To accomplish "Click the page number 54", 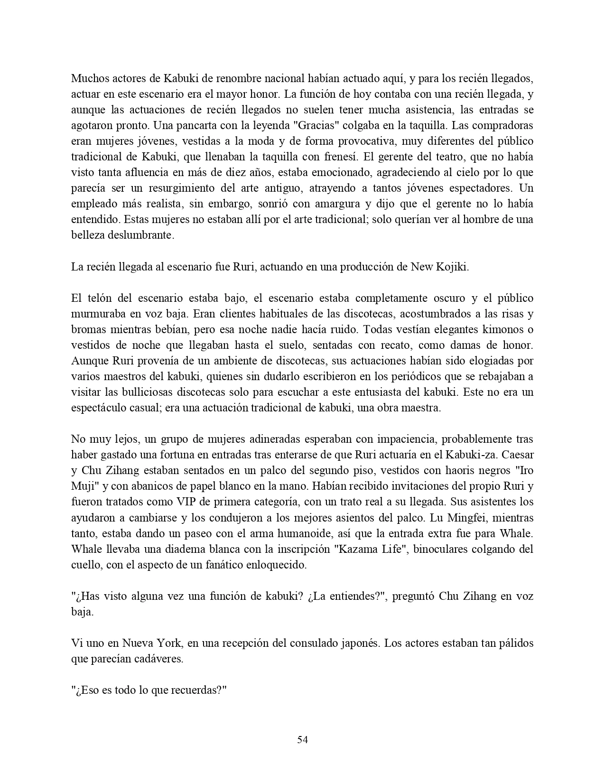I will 302,739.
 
